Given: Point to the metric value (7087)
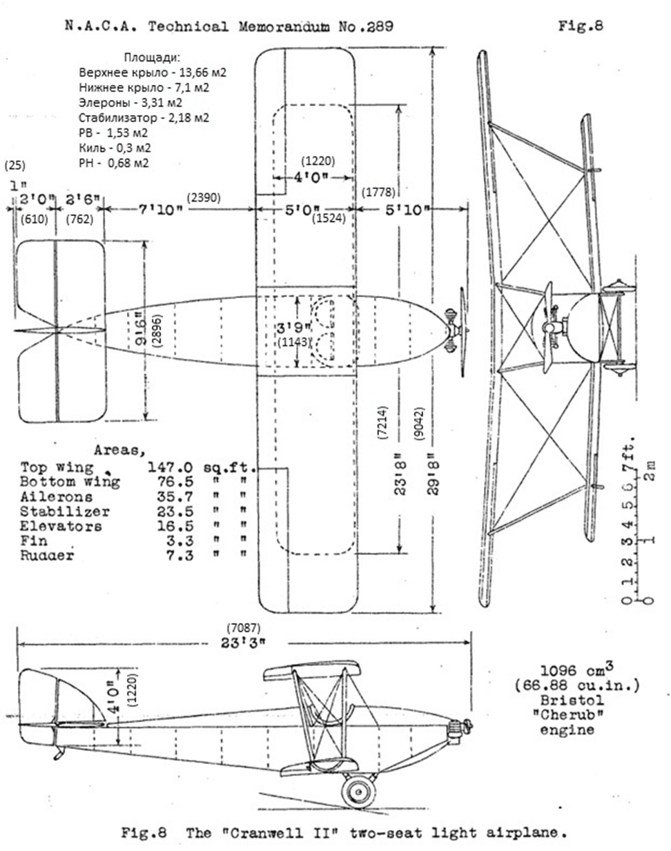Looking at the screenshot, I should click(244, 627).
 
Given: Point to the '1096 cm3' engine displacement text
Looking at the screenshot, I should click(568, 670).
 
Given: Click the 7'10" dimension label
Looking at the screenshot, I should click(160, 208).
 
